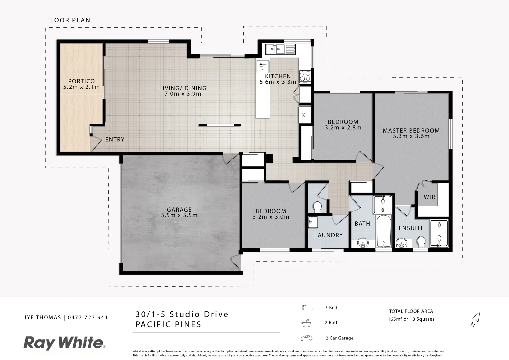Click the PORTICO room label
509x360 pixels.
(x=81, y=81)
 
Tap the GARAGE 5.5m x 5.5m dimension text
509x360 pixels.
(x=179, y=215)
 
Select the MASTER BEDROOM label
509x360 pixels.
(x=411, y=131)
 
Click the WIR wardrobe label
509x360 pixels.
(x=429, y=197)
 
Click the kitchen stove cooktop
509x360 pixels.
(x=305, y=76)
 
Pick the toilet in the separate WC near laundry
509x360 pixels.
(x=317, y=207)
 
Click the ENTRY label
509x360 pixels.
(x=115, y=139)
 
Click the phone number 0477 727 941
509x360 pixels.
(x=88, y=317)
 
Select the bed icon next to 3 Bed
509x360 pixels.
(x=307, y=307)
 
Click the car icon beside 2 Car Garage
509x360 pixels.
(x=306, y=338)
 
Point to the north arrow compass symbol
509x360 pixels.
(x=475, y=318)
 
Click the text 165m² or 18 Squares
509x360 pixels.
(x=411, y=319)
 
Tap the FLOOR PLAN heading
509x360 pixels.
(x=68, y=20)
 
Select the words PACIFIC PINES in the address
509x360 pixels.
(x=168, y=324)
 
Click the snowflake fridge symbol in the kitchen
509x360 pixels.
(x=304, y=115)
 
